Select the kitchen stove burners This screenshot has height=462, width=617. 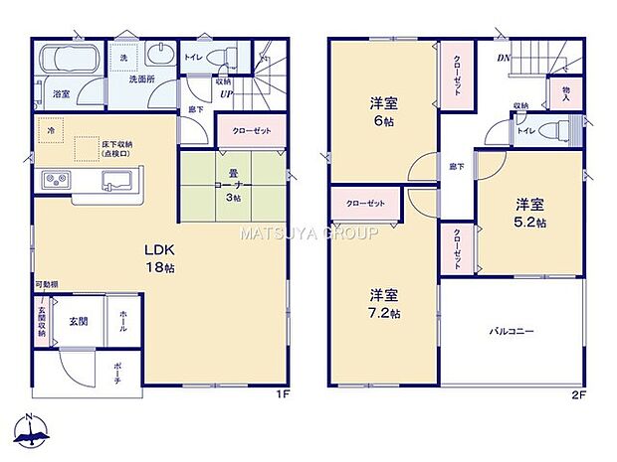coord(56,181)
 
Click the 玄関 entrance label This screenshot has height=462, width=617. coord(79,321)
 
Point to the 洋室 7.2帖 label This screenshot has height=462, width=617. coord(386,303)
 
